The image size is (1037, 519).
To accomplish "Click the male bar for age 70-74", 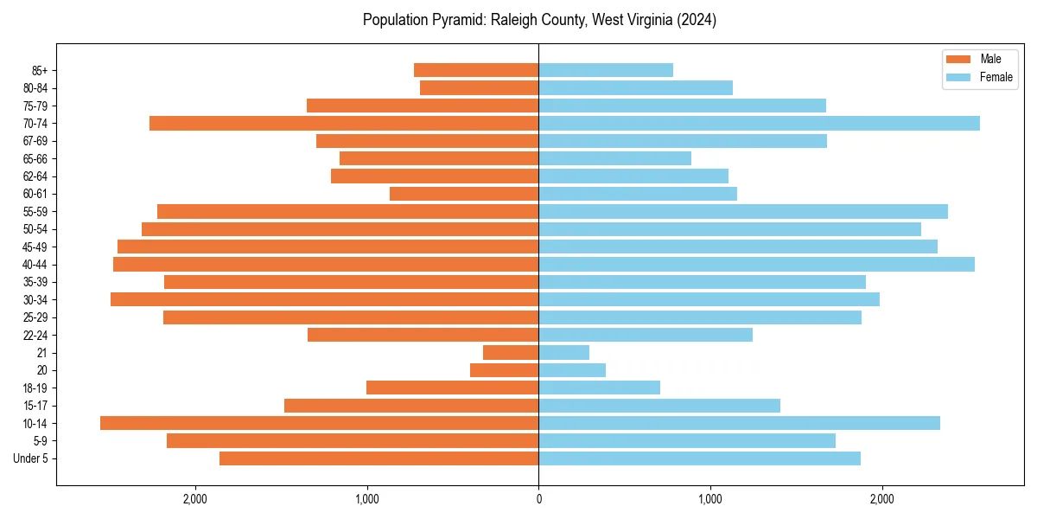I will coord(344,123).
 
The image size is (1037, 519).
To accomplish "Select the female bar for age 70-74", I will coord(759,123).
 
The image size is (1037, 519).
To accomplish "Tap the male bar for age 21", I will coord(511,353).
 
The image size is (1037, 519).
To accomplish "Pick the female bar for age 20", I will coord(572,370).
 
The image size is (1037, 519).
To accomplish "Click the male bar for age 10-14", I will coord(320,423).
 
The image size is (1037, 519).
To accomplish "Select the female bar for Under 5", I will coord(699,458).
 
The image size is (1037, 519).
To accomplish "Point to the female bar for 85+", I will coord(606,70).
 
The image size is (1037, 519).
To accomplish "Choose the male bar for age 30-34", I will coord(325,299).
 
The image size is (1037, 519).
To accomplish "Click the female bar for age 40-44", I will coord(756,265).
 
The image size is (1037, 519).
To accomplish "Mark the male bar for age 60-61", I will coord(464,194).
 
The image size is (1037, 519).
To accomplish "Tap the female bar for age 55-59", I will coord(743,212).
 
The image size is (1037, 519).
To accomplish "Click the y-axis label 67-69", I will coord(34,141).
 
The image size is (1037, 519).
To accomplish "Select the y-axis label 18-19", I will coord(34,388).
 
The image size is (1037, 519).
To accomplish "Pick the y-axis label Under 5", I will coord(31,458).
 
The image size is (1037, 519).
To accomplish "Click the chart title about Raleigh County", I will coord(539,20).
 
